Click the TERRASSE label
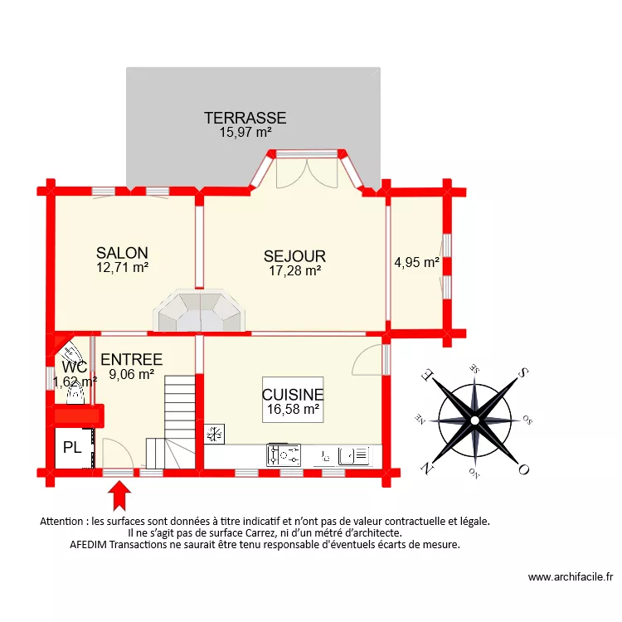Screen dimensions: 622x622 245,118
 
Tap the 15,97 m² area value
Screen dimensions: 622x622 245,132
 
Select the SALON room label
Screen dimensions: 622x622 122,253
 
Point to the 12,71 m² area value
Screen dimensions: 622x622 122,267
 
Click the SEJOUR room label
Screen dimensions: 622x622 294,256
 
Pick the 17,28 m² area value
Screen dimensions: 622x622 294,270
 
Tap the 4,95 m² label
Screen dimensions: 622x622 416,263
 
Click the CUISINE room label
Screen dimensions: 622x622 293,396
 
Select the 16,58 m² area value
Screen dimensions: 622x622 293,409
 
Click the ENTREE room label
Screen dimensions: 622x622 131,360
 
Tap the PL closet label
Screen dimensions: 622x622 72,449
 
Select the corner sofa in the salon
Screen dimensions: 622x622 199,312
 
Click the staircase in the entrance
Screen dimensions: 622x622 179,419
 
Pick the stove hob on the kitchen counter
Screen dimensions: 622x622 284,455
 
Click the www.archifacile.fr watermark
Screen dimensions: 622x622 570,577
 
